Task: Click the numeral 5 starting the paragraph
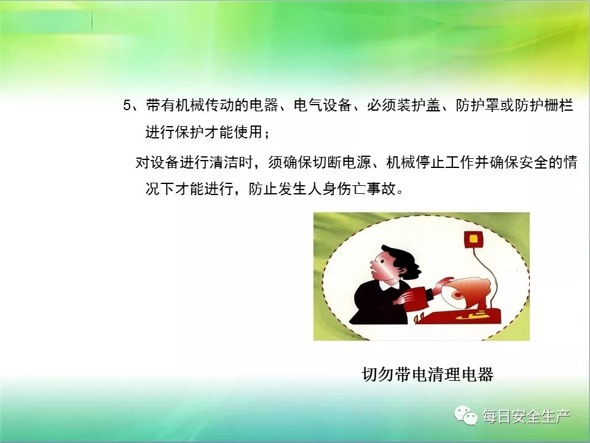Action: (127, 105)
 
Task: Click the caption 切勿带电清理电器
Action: (428, 374)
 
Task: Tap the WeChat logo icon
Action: (466, 415)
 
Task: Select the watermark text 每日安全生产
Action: (526, 417)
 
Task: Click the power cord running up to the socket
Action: (487, 275)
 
